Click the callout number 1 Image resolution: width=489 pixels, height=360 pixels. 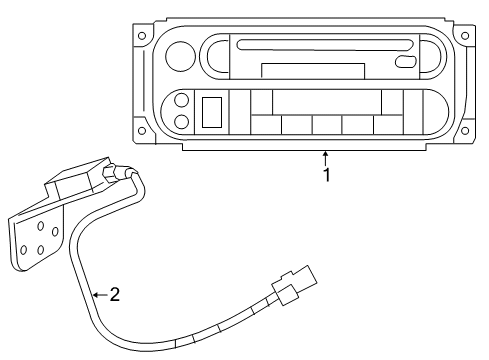325,174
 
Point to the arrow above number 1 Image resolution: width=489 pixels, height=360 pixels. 325,155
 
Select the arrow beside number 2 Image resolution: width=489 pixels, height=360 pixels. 97,295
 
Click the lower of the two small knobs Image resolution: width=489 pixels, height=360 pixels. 181,121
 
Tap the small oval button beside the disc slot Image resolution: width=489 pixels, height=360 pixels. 406,61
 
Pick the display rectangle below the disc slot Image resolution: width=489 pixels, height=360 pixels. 312,70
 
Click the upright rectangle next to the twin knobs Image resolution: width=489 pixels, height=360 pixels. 211,111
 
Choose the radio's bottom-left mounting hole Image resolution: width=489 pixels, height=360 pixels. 142,124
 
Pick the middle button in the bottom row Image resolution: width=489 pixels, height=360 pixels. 326,124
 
